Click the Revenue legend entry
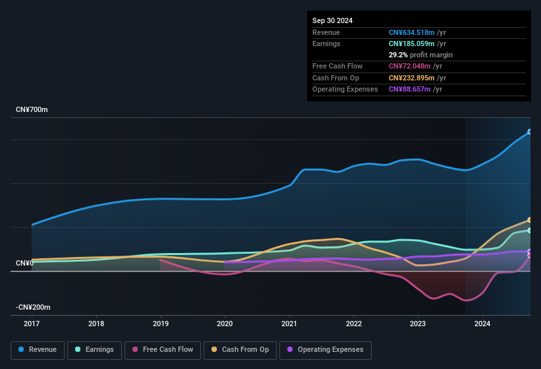(x=38, y=349)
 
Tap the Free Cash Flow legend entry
(x=163, y=349)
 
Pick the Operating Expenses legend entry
(x=325, y=349)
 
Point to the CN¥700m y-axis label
(x=32, y=109)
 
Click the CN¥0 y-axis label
(x=24, y=263)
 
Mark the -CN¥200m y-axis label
(x=34, y=307)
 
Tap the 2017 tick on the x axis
(x=32, y=324)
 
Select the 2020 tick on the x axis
(x=225, y=324)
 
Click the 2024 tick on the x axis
(x=482, y=324)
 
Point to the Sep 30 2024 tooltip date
(x=332, y=20)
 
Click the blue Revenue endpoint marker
(x=530, y=132)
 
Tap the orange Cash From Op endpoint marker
(x=530, y=220)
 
